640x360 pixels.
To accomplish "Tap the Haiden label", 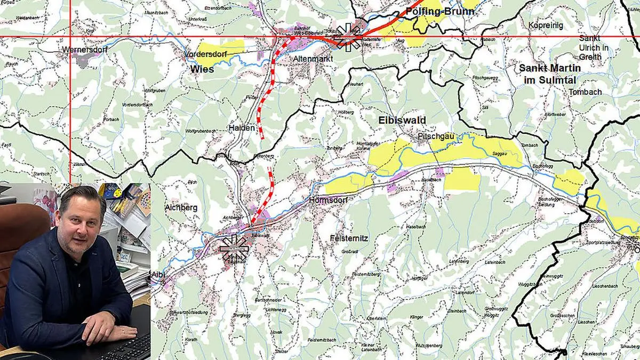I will click(241, 128).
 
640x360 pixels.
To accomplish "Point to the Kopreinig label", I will click(546, 25).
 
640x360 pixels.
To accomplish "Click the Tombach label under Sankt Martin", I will click(585, 92).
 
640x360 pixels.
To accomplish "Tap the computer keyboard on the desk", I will click(128, 349).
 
